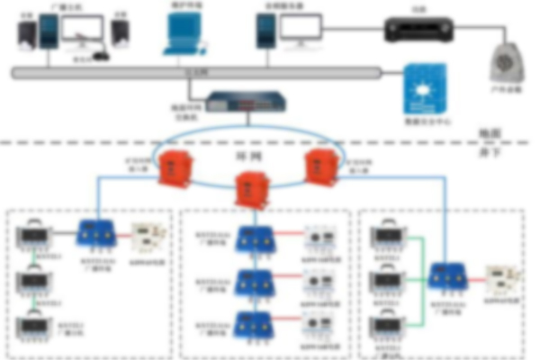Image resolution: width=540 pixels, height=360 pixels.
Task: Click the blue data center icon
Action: pyautogui.click(x=425, y=87)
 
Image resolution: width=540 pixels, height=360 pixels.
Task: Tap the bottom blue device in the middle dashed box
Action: pyautogui.click(x=253, y=321)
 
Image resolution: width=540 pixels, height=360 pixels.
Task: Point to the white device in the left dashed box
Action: pyautogui.click(x=144, y=237)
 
